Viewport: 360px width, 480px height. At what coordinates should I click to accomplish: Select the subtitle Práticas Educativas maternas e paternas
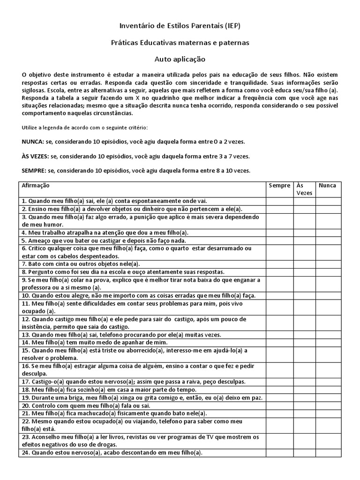tap(180, 43)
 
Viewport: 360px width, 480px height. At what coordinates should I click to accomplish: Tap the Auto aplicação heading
tap(180, 60)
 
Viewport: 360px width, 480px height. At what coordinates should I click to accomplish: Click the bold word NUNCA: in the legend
tap(33, 142)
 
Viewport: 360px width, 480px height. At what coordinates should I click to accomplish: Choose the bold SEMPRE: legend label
tap(34, 170)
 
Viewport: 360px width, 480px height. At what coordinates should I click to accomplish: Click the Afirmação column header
tap(36, 186)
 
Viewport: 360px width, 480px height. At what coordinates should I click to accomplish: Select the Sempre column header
tap(279, 186)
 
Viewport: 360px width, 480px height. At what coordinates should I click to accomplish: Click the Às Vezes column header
tap(304, 189)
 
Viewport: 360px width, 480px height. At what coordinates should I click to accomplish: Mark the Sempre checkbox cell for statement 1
tap(279, 202)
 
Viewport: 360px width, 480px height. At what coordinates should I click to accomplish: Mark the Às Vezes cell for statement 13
tap(304, 335)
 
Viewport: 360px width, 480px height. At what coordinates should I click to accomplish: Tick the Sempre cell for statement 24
tap(279, 453)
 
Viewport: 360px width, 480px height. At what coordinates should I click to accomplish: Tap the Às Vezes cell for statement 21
tap(304, 413)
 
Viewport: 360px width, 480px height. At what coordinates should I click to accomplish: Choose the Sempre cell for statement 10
tap(279, 295)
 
